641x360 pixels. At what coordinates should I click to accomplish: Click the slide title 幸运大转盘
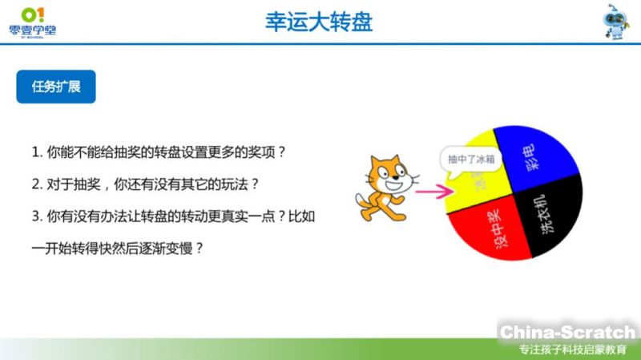(x=319, y=22)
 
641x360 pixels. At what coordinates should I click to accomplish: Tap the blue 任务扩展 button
(x=56, y=87)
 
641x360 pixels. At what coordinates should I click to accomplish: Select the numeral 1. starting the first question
(x=36, y=152)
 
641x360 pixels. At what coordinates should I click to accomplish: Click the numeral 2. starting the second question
(x=36, y=184)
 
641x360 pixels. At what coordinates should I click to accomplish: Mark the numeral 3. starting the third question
(x=36, y=216)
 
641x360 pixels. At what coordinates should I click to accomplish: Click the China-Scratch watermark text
(x=567, y=331)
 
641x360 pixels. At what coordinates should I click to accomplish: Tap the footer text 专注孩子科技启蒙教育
(x=572, y=350)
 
